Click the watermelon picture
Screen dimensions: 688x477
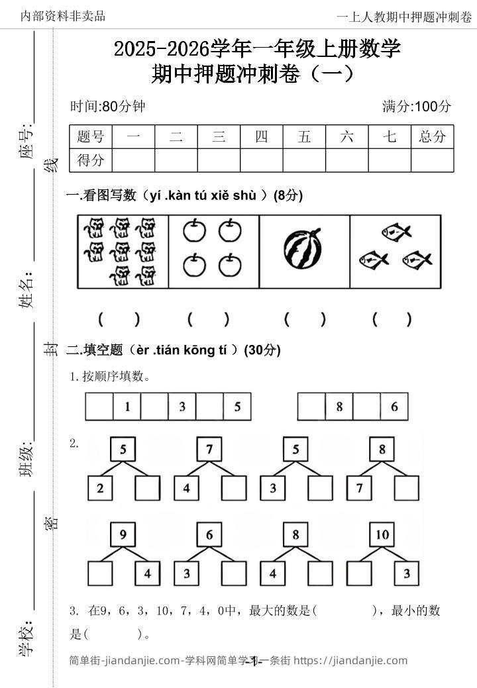303,250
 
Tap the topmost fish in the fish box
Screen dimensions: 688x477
396,231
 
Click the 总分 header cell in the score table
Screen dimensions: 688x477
433,137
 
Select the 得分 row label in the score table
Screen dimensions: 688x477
91,160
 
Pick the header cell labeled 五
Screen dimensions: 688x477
304,137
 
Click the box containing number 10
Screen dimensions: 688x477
382,535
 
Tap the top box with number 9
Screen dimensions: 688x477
123,535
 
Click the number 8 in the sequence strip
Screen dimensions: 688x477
339,407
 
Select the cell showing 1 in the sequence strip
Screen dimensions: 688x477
127,407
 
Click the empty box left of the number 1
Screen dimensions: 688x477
99,407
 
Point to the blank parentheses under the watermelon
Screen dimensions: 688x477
305,320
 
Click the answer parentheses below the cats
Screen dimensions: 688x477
119,320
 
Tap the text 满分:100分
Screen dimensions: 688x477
417,106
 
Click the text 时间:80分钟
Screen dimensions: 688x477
107,106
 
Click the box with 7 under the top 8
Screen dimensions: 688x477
360,489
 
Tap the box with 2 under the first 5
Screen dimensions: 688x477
100,489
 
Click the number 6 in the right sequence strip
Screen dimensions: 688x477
394,407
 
